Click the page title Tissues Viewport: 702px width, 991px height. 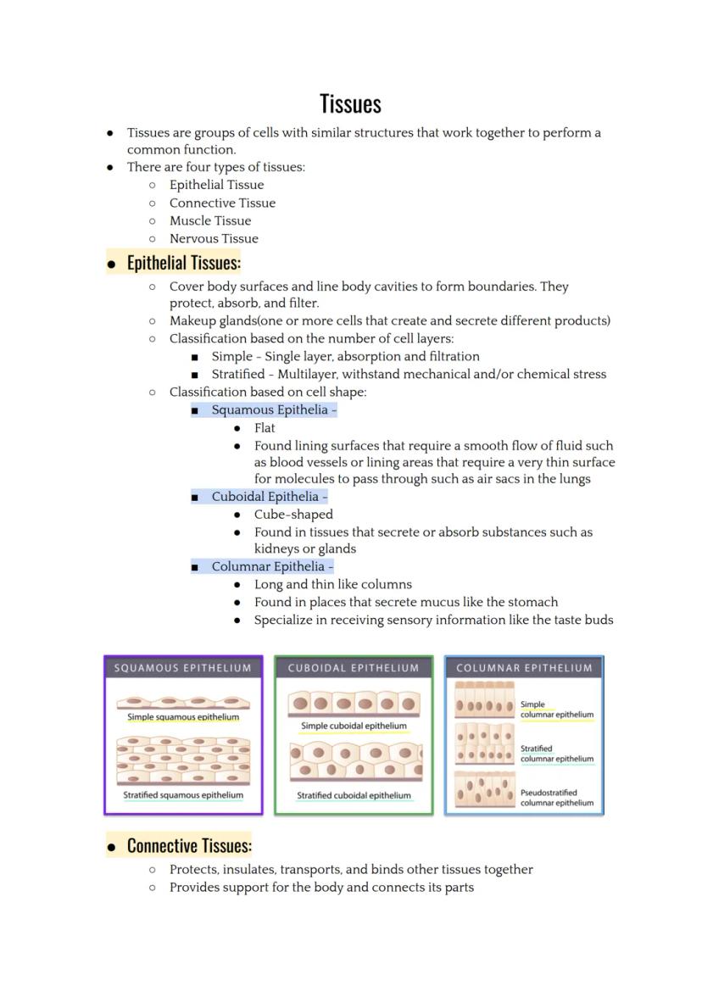pyautogui.click(x=350, y=103)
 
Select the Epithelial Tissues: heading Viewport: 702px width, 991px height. pyautogui.click(x=183, y=263)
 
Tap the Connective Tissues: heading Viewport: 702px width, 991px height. pyautogui.click(x=188, y=845)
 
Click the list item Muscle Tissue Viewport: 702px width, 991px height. pyautogui.click(x=210, y=220)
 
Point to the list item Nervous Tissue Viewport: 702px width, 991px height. pyautogui.click(x=214, y=238)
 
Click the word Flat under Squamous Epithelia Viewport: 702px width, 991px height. pyautogui.click(x=265, y=428)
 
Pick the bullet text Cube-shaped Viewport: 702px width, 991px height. pyautogui.click(x=293, y=515)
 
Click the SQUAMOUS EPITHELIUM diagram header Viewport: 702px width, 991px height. pyautogui.click(x=183, y=668)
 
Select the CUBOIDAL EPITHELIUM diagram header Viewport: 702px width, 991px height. pyautogui.click(x=354, y=668)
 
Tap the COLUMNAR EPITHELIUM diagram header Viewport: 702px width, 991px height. pyautogui.click(x=524, y=668)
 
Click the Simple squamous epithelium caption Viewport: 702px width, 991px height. pyautogui.click(x=183, y=717)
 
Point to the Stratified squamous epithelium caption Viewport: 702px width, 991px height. pyautogui.click(x=183, y=795)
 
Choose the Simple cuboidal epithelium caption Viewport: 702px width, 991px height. pyautogui.click(x=354, y=726)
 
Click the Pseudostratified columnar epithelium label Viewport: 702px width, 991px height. pyautogui.click(x=556, y=798)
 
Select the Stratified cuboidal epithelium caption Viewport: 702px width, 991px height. pyautogui.click(x=354, y=795)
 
